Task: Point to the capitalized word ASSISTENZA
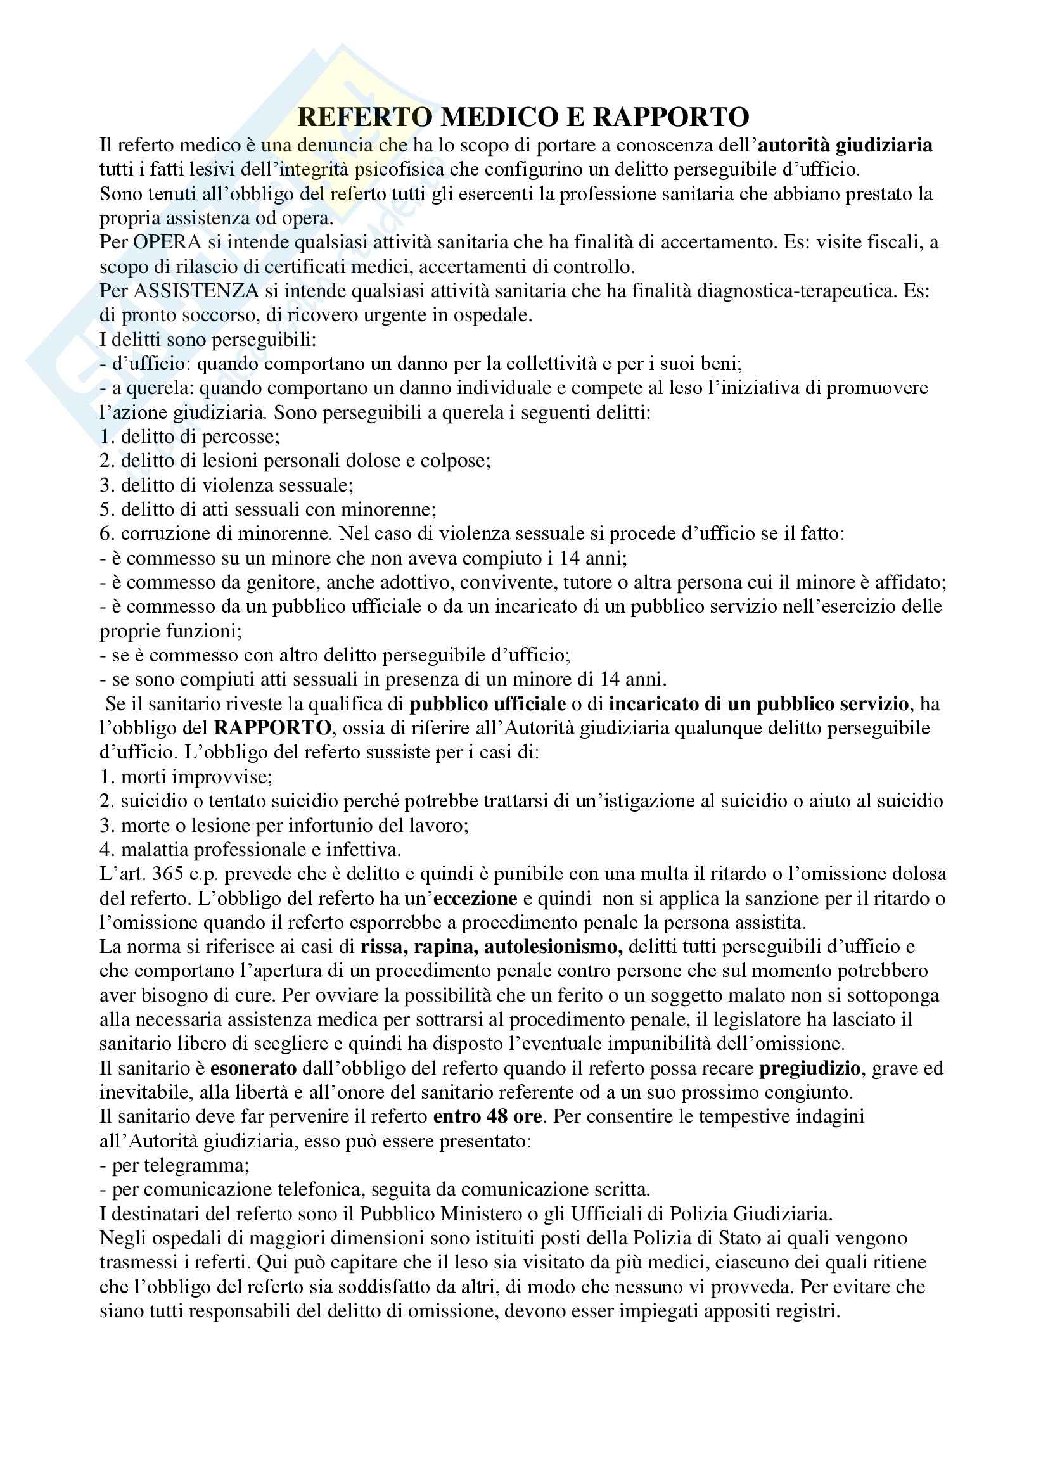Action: [x=196, y=290]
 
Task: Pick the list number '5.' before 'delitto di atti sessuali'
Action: [x=107, y=509]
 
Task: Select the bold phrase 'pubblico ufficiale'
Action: [x=488, y=703]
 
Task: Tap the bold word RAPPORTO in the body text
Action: [x=272, y=727]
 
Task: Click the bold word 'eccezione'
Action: [x=476, y=898]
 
